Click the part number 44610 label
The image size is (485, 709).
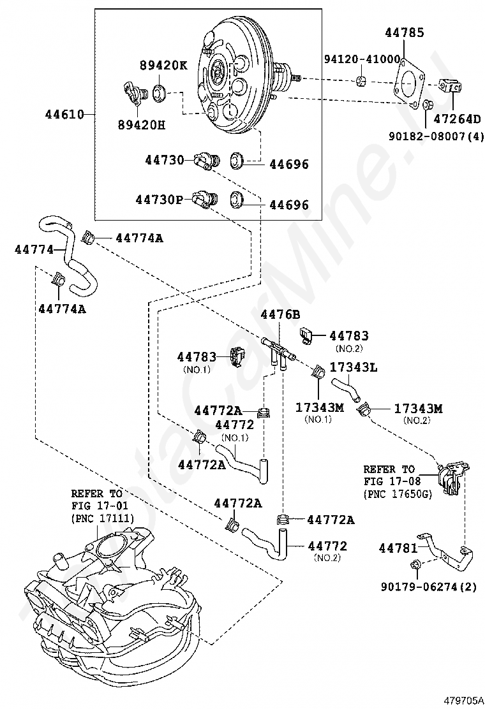click(64, 114)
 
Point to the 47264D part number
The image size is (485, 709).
click(458, 119)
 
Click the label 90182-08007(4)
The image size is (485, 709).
click(436, 136)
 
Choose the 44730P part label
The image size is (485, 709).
click(159, 200)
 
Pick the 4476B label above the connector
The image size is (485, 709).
click(280, 314)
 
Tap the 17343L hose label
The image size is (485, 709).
click(354, 367)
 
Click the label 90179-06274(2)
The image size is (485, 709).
click(428, 587)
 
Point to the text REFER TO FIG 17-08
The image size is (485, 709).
click(389, 475)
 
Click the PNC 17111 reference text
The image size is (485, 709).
click(103, 518)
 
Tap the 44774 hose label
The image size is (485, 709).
click(34, 249)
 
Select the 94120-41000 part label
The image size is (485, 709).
click(362, 59)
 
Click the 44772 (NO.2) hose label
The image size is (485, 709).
click(327, 550)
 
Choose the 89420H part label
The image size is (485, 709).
click(142, 125)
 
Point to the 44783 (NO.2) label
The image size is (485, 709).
click(349, 340)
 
